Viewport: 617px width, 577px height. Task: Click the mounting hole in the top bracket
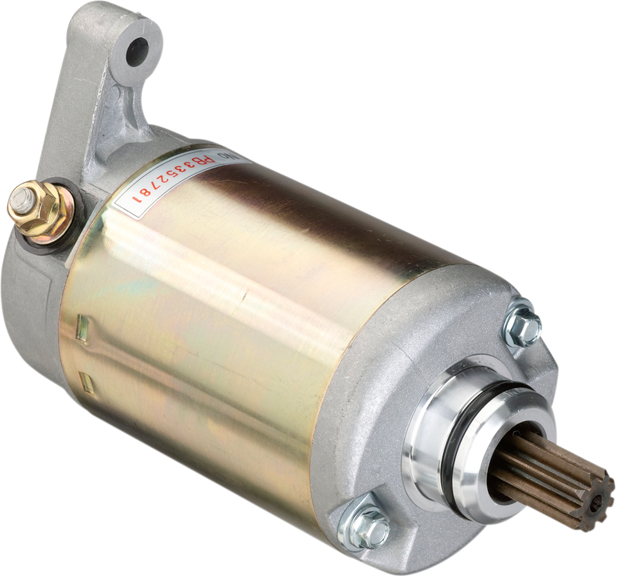[x=137, y=49]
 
